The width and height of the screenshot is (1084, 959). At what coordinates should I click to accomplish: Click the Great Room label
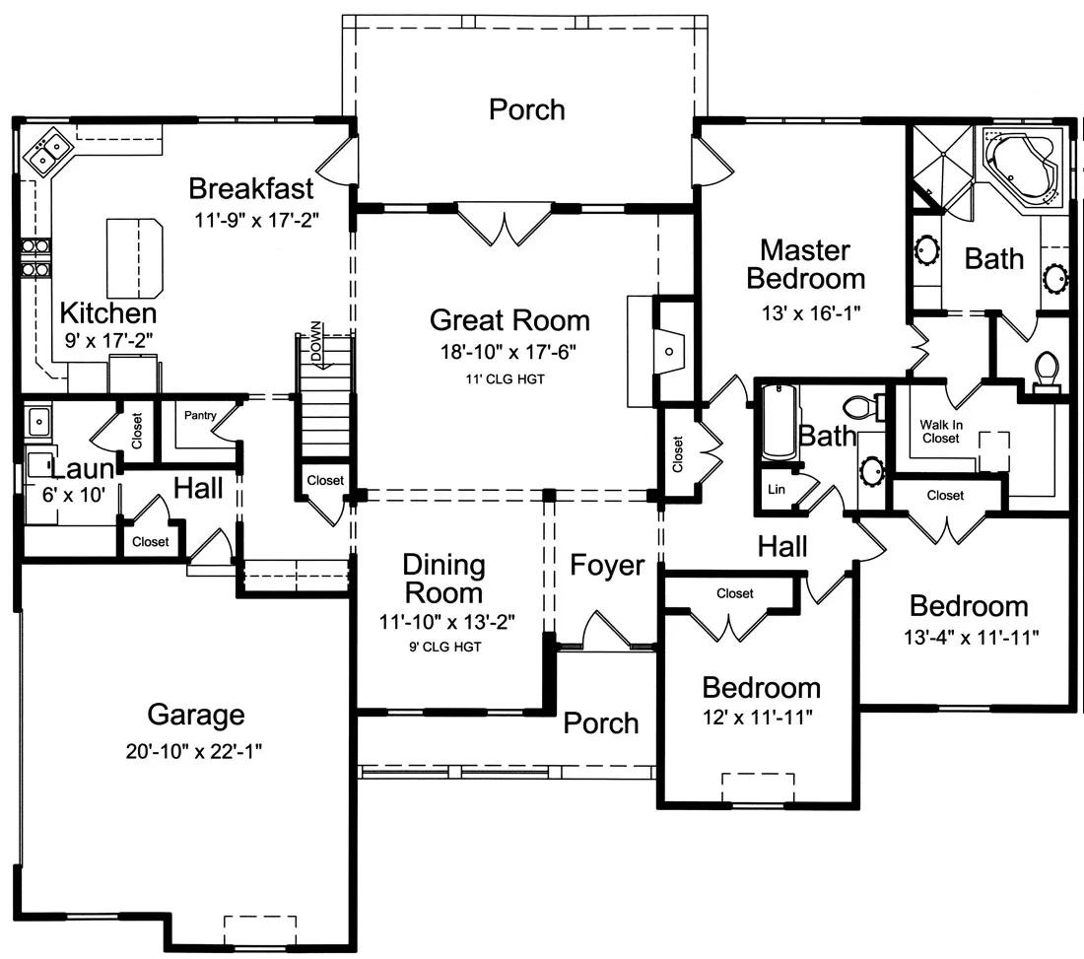(x=509, y=320)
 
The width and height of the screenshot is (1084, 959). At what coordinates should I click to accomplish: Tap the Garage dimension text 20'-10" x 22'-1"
(x=193, y=751)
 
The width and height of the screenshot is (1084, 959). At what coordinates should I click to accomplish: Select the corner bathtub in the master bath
(x=1021, y=171)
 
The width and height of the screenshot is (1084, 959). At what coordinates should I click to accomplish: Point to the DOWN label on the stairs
(x=316, y=341)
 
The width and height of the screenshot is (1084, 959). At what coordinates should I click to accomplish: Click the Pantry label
(x=200, y=415)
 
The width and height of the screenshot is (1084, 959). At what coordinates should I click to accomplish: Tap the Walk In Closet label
(x=941, y=432)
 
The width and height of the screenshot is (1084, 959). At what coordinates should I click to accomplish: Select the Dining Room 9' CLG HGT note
(x=444, y=648)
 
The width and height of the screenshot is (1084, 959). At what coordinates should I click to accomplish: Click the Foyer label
(x=607, y=566)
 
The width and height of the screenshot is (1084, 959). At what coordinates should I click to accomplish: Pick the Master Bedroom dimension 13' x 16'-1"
(x=811, y=313)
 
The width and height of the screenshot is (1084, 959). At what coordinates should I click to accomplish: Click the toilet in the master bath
(x=1046, y=371)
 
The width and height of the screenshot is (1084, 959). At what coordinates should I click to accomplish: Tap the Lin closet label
(x=777, y=490)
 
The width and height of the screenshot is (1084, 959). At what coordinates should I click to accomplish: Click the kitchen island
(x=135, y=257)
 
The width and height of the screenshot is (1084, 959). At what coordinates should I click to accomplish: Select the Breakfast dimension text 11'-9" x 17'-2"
(x=256, y=221)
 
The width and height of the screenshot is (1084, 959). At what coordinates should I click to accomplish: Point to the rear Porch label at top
(x=527, y=109)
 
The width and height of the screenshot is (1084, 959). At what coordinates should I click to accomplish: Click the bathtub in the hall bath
(x=779, y=423)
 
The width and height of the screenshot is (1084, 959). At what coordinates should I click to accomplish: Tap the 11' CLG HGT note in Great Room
(x=505, y=378)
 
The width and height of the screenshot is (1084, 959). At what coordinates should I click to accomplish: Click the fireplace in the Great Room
(x=656, y=351)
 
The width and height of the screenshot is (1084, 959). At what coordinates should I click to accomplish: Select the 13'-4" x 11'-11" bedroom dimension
(x=972, y=637)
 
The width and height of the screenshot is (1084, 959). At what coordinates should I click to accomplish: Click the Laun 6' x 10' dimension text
(x=73, y=495)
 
